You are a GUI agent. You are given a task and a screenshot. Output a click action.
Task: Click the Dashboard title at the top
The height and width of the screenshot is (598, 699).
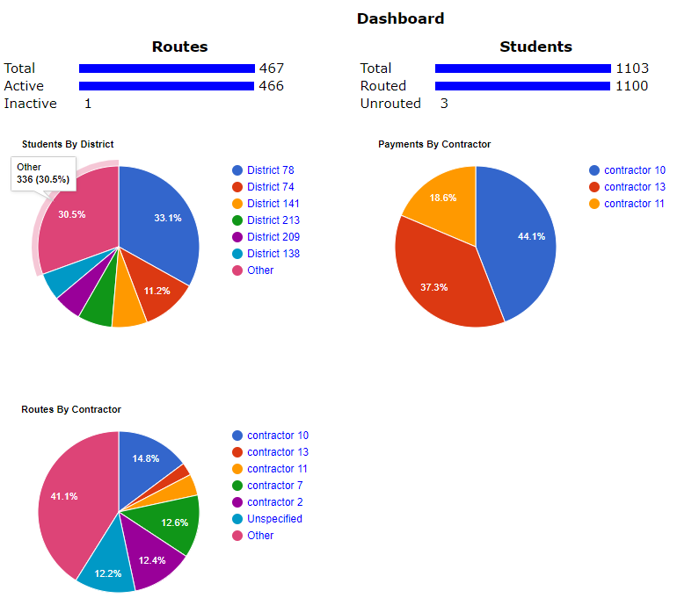tap(400, 18)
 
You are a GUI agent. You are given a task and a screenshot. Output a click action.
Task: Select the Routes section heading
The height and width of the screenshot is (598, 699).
tap(179, 47)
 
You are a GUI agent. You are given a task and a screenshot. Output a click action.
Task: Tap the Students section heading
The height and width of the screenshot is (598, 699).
tap(535, 47)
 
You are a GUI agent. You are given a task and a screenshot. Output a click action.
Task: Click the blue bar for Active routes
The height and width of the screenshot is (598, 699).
tap(167, 86)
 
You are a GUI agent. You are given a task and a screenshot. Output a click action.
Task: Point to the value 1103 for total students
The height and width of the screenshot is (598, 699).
tap(631, 68)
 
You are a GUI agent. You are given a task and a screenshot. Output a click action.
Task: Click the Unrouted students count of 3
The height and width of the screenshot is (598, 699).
tap(444, 104)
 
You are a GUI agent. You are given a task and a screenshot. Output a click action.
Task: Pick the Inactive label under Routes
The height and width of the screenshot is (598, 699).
tap(30, 104)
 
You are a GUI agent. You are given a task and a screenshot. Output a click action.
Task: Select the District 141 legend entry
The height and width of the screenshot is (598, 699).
tap(273, 204)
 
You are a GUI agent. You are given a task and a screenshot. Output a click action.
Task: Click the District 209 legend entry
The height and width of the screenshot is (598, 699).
tap(273, 237)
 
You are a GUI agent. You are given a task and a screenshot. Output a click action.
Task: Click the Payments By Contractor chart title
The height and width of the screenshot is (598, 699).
tap(434, 144)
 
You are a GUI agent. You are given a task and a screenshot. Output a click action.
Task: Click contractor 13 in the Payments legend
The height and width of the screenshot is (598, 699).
tap(634, 187)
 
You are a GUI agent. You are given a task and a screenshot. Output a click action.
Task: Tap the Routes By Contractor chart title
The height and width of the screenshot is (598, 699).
tap(71, 409)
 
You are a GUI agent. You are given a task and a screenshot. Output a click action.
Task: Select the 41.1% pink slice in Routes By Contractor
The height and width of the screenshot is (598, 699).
tap(66, 496)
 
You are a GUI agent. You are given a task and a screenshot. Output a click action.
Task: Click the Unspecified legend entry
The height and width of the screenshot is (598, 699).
tap(274, 519)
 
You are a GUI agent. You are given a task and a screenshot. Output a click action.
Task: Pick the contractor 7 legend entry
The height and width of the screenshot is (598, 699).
tap(274, 486)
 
